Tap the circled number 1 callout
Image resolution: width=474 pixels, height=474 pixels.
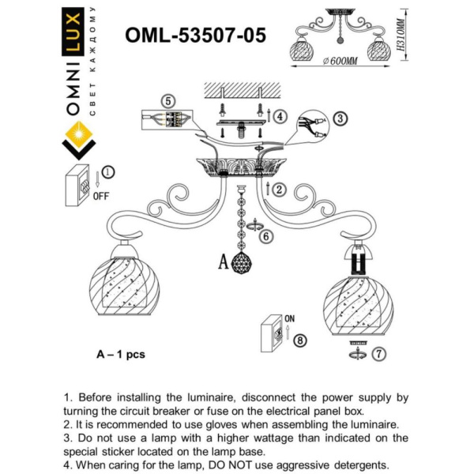tap(108, 171)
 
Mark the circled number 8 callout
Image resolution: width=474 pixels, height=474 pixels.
tap(299, 340)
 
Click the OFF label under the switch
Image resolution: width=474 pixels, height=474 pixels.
tap(100, 196)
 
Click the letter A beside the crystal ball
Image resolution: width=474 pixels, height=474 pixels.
tap(223, 262)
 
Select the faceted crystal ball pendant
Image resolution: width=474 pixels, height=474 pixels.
tap(242, 264)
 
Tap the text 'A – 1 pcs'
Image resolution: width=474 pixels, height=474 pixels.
tap(121, 354)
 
